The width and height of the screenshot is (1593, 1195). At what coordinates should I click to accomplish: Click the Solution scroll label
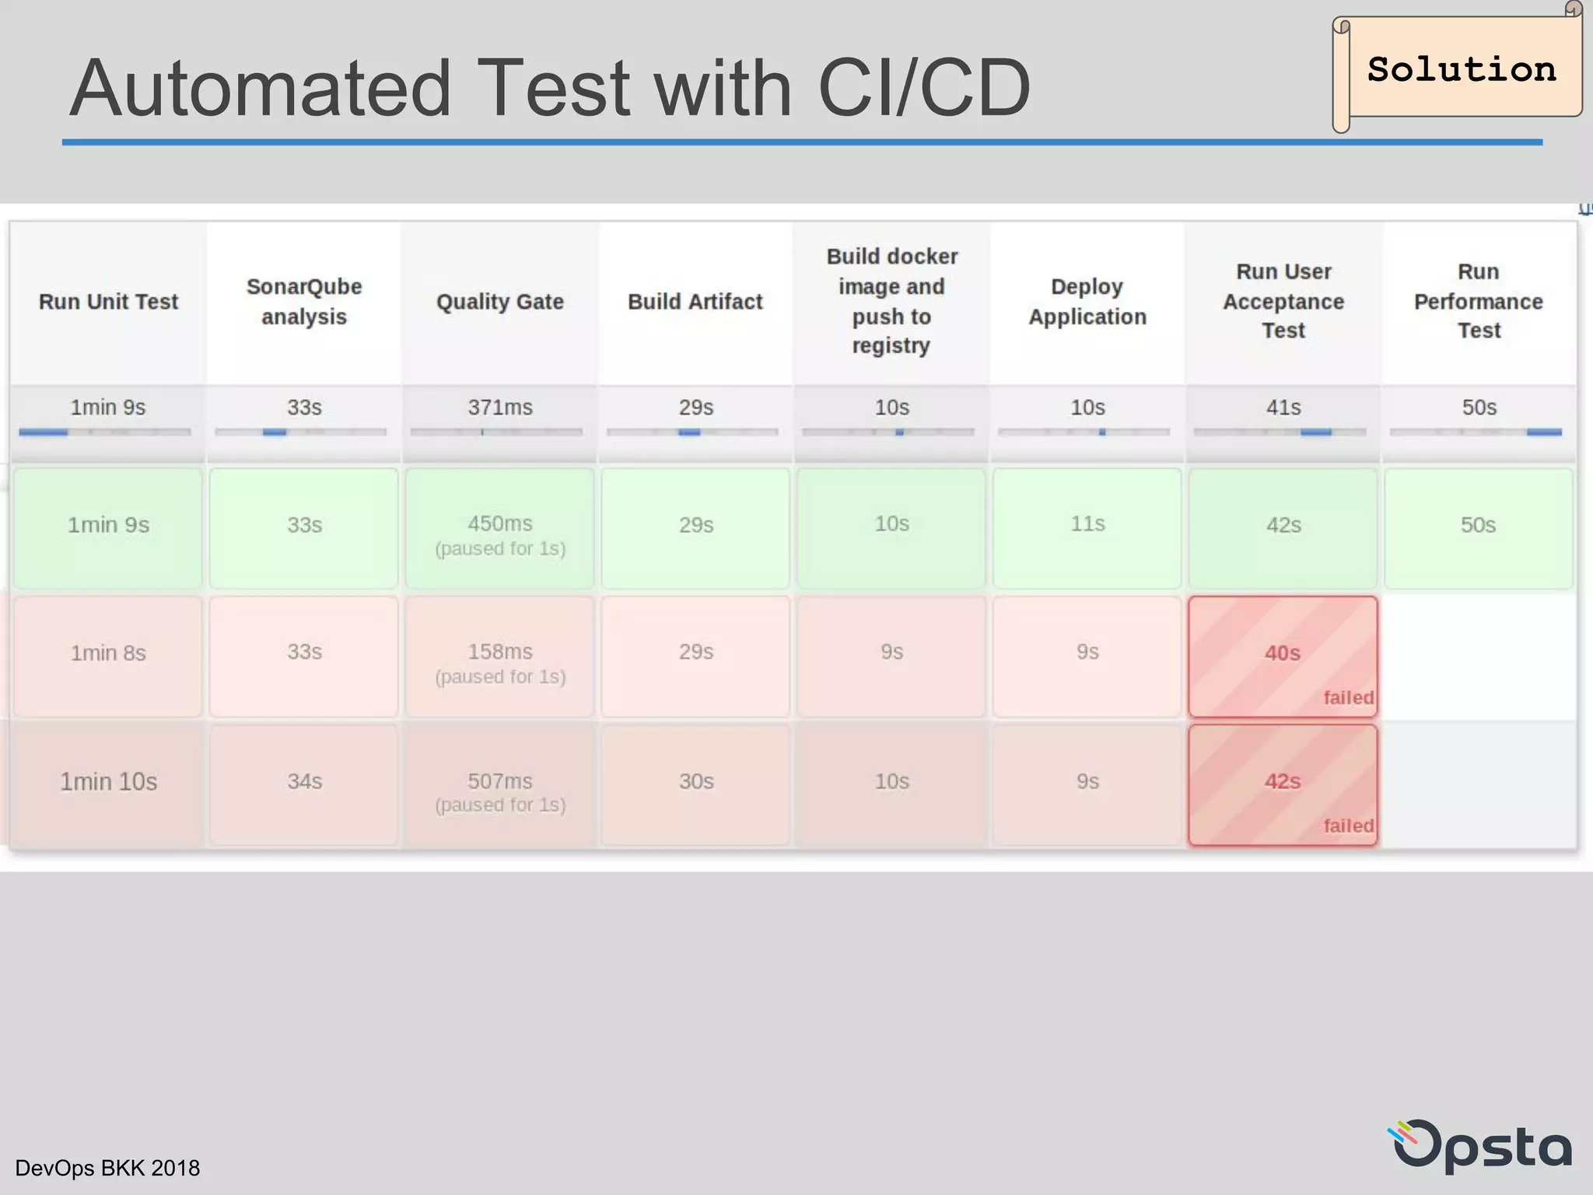point(1461,69)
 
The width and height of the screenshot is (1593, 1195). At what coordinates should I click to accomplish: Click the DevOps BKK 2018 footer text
point(107,1168)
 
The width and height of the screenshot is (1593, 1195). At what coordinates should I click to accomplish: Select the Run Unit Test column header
point(109,302)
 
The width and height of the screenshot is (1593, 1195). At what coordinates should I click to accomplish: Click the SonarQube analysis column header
point(304,302)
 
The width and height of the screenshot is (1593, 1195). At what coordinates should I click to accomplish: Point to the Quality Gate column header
point(500,302)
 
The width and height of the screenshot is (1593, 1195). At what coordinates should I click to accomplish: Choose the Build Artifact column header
point(695,302)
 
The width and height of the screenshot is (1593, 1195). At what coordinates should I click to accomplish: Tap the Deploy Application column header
point(1087,302)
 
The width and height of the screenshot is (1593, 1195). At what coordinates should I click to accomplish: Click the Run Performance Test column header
point(1479,302)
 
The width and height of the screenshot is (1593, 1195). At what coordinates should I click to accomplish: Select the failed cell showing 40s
point(1283,656)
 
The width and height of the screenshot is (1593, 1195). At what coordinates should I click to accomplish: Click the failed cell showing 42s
point(1283,784)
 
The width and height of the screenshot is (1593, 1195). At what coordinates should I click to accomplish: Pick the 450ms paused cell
point(500,528)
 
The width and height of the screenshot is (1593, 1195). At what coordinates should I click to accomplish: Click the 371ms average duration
point(500,408)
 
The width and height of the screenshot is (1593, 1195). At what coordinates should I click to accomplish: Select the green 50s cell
point(1478,527)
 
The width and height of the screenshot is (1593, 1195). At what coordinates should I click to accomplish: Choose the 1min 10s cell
point(109,783)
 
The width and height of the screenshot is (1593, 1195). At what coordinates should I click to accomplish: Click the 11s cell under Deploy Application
point(1087,525)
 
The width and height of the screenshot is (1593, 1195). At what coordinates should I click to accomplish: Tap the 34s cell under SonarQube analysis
point(304,783)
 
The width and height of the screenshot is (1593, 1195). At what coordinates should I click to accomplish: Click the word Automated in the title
point(261,89)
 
